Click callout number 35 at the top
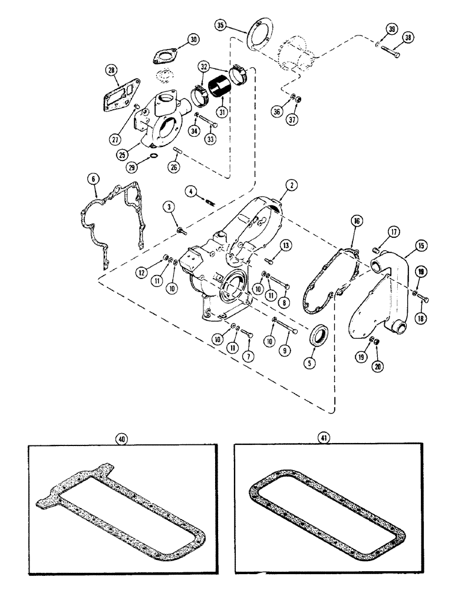220,25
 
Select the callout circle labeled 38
407,37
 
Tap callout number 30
192,40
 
